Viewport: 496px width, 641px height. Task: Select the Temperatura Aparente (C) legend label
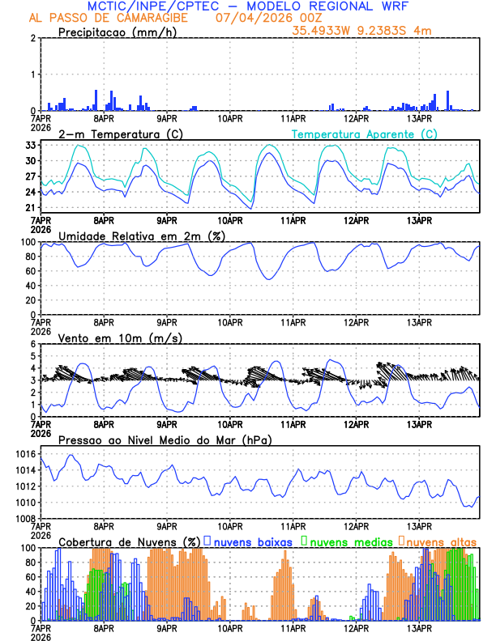365,134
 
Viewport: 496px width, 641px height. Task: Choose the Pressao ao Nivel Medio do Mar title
165,439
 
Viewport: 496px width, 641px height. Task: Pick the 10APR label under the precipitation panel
230,118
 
